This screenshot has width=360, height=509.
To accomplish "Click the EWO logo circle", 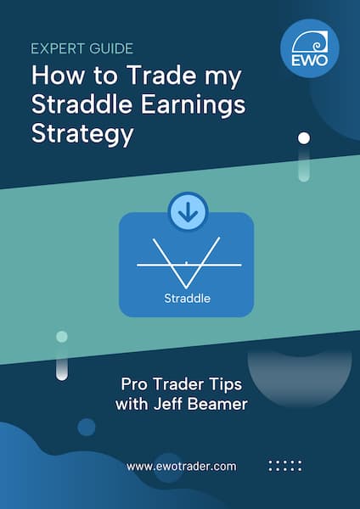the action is pos(310,48).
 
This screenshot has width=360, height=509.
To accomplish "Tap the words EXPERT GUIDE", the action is pos(82,48).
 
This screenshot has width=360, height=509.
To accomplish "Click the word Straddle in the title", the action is pos(82,104).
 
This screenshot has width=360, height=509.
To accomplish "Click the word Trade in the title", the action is pos(160,76).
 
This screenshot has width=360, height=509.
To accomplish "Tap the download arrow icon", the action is pos(188,211).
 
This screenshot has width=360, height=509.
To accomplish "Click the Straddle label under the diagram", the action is pos(187,299).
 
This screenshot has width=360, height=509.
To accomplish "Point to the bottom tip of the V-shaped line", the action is pos(186,288).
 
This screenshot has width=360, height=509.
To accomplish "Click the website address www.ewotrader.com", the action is pos(182,467).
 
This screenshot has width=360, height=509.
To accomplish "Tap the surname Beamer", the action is pos(217,404).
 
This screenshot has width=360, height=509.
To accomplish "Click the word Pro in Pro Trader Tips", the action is pos(135,384).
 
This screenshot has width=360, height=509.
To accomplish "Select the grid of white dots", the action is pos(285,466).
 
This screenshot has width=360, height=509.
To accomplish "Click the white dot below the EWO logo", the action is pos(304,138).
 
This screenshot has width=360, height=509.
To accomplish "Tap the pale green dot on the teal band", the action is pos(62,337).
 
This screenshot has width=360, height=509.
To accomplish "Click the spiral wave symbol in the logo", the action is pos(310,42).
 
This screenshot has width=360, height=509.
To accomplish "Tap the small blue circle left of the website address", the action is pos(87,427).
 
